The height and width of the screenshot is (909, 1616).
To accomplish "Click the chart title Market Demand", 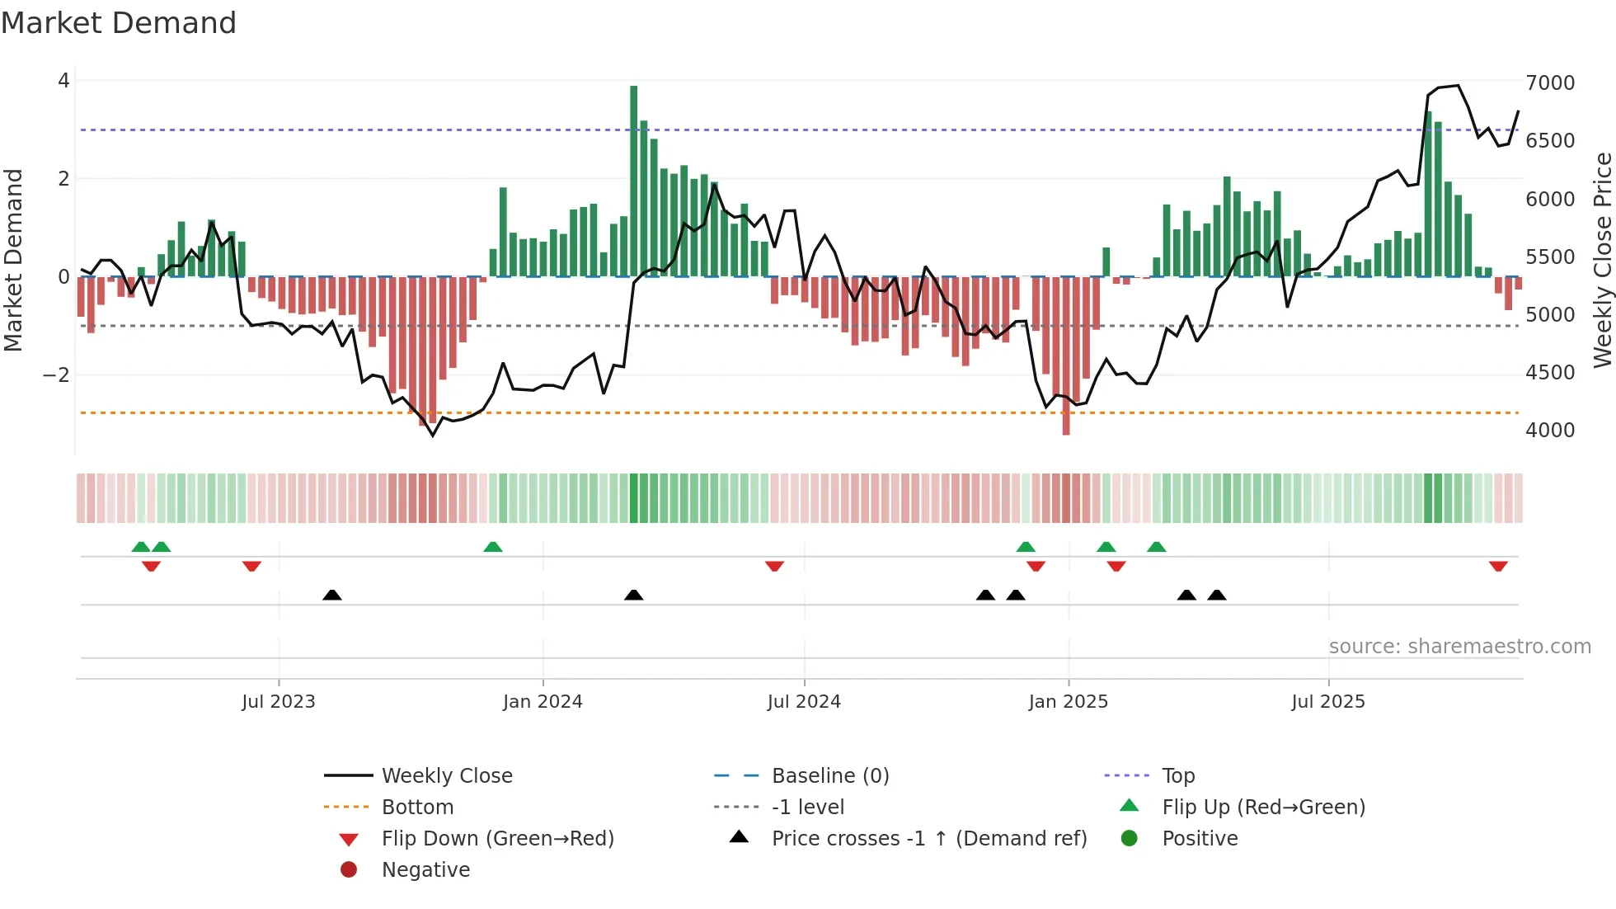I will click(x=119, y=23).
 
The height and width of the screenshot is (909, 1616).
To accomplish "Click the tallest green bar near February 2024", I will click(x=633, y=181).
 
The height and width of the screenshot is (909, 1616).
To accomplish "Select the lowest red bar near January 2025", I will click(x=1066, y=355).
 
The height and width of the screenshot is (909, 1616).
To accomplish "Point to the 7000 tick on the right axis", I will click(x=1549, y=82).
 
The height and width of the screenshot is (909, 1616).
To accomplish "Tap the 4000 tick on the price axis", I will click(x=1549, y=430).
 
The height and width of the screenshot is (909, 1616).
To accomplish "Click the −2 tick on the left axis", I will click(x=56, y=375).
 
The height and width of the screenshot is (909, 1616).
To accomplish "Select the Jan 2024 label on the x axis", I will click(x=543, y=702).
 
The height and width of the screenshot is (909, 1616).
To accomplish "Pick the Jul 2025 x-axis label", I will click(x=1327, y=702).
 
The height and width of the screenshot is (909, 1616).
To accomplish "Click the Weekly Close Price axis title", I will click(x=1602, y=260).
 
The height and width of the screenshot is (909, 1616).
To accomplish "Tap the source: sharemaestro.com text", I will click(x=1459, y=647).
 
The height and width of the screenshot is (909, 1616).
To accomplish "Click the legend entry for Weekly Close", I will click(x=446, y=776).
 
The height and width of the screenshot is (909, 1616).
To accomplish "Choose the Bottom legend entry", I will click(x=417, y=808).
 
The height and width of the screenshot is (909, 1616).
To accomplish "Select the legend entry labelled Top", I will click(x=1177, y=776).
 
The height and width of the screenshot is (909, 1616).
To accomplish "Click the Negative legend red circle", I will click(x=349, y=870).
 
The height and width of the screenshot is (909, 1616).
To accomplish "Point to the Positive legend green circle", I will click(x=1130, y=839).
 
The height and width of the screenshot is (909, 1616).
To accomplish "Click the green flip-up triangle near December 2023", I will click(x=492, y=547).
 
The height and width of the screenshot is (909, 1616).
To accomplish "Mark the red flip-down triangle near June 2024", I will click(x=774, y=566).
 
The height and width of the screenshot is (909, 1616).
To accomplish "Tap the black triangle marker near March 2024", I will click(x=633, y=595).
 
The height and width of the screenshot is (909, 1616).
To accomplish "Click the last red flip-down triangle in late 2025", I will click(x=1498, y=566).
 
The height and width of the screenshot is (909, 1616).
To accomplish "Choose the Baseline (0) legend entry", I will click(x=829, y=776).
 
